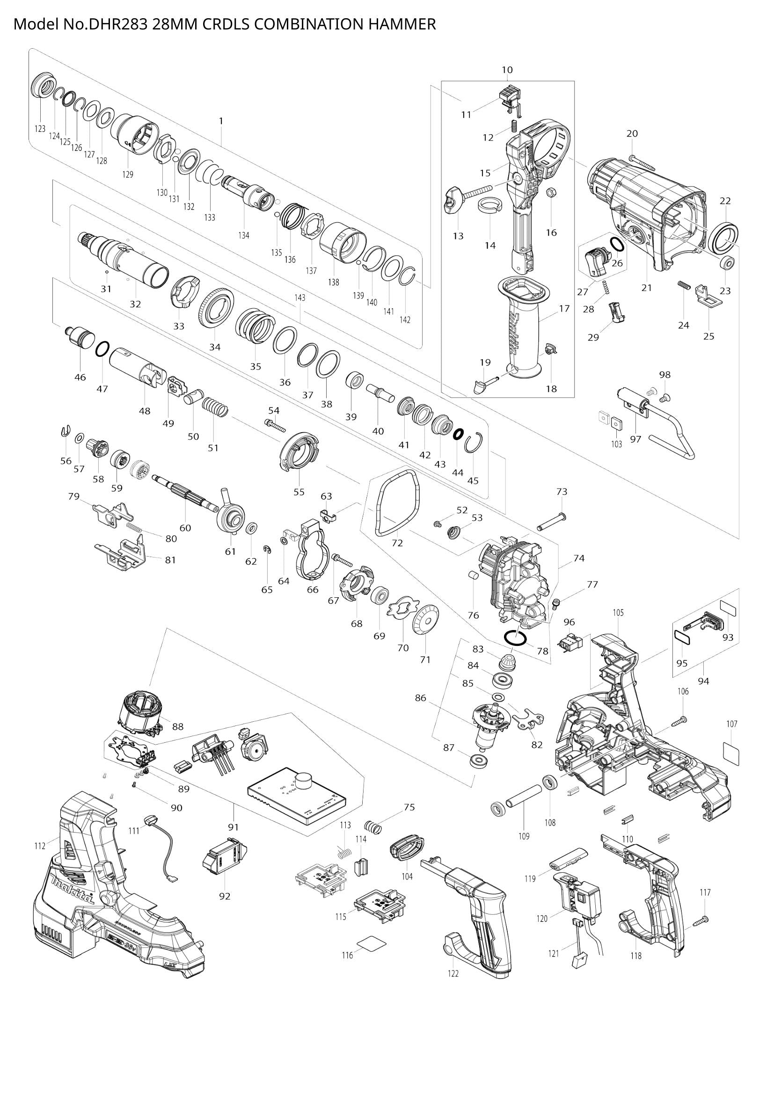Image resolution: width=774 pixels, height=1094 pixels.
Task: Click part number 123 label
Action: point(40,128)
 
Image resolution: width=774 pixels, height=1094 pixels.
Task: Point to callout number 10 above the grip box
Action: point(507,70)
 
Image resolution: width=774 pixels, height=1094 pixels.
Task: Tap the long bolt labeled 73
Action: point(551,522)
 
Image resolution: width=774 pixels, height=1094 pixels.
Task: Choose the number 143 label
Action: point(300,297)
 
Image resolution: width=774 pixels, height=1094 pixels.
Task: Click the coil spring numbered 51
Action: point(216,408)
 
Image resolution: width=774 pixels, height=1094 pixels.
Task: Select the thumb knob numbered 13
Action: point(453,200)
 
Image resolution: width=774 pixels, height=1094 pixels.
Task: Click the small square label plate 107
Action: point(731,754)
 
